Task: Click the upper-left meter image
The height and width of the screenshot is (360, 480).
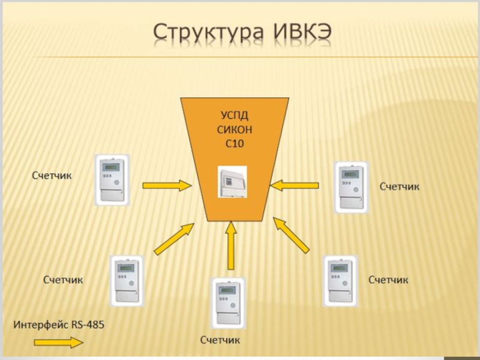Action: coord(112,179)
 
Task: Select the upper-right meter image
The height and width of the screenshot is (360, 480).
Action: coord(352,186)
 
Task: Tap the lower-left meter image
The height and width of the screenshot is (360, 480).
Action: coord(127,281)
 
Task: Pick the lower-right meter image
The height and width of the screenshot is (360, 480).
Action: coord(340,281)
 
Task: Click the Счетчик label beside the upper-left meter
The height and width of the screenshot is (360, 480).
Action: coord(52,176)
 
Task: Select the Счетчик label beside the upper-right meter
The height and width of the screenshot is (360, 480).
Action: coord(400,187)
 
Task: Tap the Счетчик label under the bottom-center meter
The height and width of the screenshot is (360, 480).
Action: coord(220,341)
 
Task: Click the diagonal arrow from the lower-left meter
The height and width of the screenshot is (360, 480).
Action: coord(175,238)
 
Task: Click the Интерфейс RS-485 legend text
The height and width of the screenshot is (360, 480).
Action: coord(59,325)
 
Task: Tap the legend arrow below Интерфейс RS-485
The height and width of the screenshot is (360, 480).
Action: coord(59,343)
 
